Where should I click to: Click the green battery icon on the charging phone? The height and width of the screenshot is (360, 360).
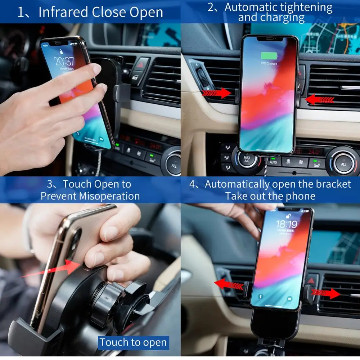[269, 56]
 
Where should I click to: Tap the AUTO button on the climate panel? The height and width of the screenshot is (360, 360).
[273, 162]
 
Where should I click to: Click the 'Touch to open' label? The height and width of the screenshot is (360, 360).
[133, 342]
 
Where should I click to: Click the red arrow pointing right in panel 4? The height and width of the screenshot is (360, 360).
[326, 293]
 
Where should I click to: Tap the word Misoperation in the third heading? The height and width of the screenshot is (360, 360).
[109, 196]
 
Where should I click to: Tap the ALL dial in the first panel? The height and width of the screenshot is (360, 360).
[174, 166]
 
